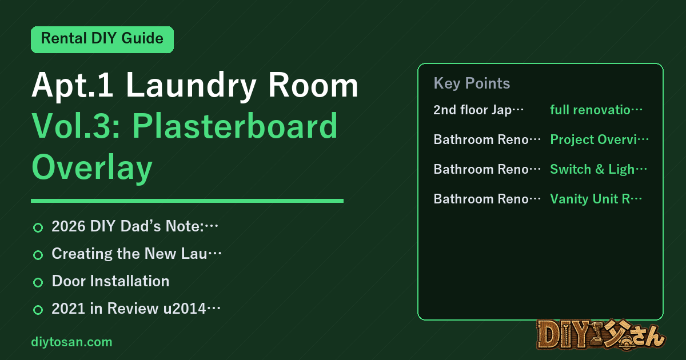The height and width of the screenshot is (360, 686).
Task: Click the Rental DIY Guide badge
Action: click(x=102, y=39)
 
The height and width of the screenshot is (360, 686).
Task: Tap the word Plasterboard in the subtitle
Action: click(x=234, y=126)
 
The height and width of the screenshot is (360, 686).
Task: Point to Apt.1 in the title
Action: click(x=72, y=85)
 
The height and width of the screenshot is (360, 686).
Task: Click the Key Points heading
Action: click(x=472, y=83)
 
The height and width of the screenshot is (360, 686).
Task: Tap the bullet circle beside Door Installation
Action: click(x=38, y=282)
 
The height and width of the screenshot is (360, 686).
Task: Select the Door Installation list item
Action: click(x=110, y=281)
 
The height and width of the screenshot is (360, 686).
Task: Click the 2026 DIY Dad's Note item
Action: click(x=135, y=226)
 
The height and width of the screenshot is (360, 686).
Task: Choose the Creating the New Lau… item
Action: click(x=137, y=254)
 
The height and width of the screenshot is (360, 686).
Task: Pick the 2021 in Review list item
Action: click(x=136, y=308)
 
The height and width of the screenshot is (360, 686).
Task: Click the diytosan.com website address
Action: click(x=71, y=342)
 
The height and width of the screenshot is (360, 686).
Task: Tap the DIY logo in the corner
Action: click(x=601, y=335)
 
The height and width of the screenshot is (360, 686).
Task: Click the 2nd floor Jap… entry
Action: click(x=478, y=110)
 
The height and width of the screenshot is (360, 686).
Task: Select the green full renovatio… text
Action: click(x=596, y=110)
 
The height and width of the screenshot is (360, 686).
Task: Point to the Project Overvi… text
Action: click(x=599, y=139)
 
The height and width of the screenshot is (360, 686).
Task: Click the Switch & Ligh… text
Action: click(x=599, y=169)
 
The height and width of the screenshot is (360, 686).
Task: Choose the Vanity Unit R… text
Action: click(x=596, y=199)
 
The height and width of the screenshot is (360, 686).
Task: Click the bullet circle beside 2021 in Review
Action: click(x=38, y=310)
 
